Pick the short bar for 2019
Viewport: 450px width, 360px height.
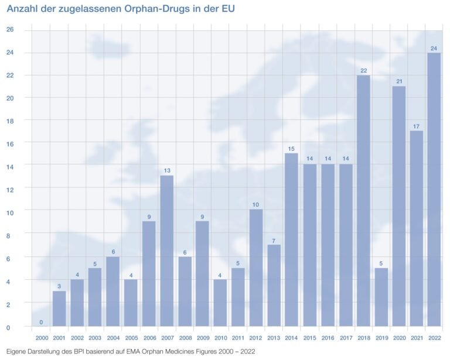click(381, 297)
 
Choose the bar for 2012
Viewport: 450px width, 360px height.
click(256, 268)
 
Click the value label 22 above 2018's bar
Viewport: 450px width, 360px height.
click(363, 71)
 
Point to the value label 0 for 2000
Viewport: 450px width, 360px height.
click(41, 322)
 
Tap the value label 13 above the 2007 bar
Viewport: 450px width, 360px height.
click(166, 171)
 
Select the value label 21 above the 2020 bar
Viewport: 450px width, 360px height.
click(398, 81)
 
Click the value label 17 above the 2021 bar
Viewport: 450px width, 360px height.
click(417, 126)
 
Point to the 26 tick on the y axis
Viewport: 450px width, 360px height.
click(10, 29)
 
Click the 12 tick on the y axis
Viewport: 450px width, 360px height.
click(10, 189)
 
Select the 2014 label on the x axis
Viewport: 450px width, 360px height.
click(292, 338)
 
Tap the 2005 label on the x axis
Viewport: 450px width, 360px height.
click(131, 338)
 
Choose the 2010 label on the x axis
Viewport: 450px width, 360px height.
click(220, 338)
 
